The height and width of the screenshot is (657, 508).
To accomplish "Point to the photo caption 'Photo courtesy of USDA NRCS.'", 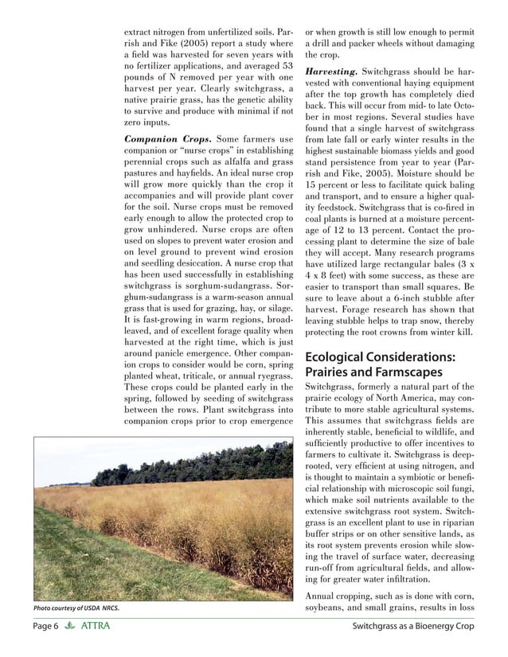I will tap(76, 608).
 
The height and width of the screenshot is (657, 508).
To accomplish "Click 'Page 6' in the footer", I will tap(45, 627).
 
